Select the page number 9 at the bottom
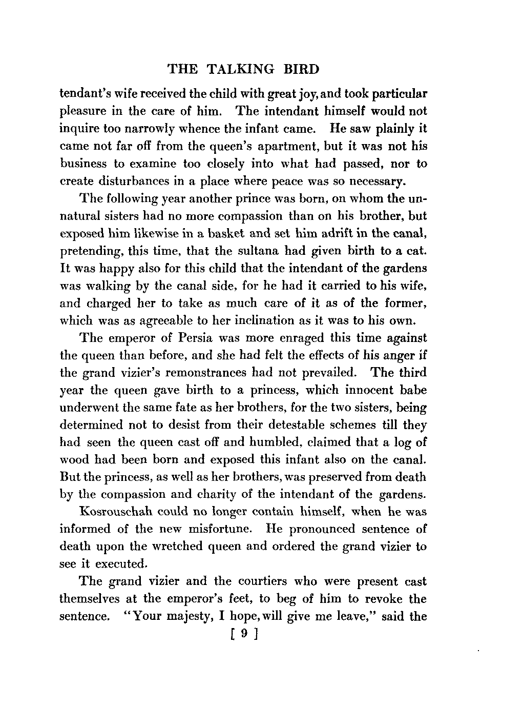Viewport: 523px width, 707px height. (x=244, y=634)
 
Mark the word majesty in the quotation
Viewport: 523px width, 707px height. (x=188, y=617)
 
